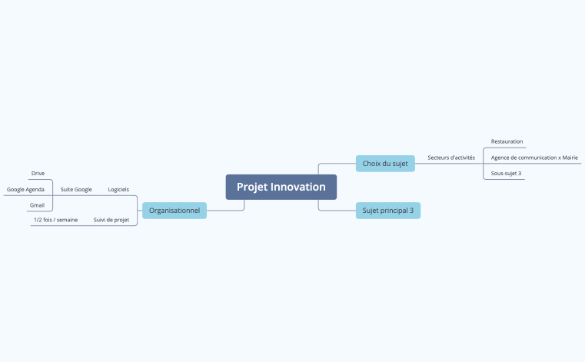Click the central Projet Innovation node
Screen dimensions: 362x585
(x=281, y=187)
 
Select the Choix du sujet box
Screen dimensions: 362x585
(x=385, y=163)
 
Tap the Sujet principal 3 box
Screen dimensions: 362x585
(x=388, y=210)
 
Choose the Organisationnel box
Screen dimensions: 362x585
(x=175, y=210)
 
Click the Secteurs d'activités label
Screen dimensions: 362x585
(x=451, y=158)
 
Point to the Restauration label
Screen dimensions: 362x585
(x=507, y=141)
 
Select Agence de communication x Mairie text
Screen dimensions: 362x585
(x=534, y=158)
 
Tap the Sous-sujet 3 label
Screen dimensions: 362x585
(x=506, y=174)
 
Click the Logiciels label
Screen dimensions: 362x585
(x=118, y=189)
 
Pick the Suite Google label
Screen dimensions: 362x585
(x=76, y=189)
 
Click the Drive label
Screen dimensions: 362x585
(x=38, y=174)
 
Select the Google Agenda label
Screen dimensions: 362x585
(x=25, y=189)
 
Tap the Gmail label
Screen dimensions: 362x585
(x=37, y=205)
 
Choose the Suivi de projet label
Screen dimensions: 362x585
(x=111, y=220)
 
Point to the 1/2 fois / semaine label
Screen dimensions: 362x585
(x=55, y=220)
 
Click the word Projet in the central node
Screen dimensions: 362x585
(x=252, y=187)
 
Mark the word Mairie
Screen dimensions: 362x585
(x=570, y=158)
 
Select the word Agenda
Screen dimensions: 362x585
(x=35, y=189)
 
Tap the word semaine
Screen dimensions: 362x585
(x=67, y=220)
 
